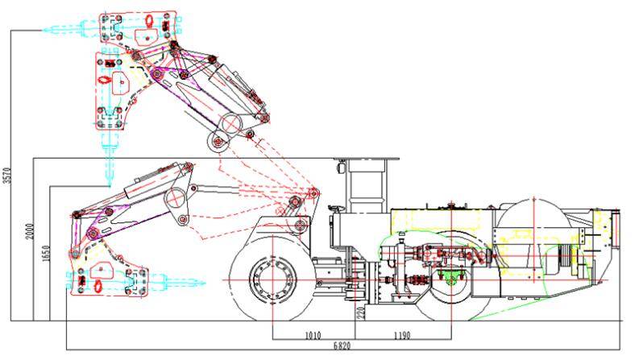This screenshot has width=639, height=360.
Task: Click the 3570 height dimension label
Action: point(7,176)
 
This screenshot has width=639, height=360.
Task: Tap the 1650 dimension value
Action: point(45,254)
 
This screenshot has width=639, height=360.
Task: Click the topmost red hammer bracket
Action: point(139,33)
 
